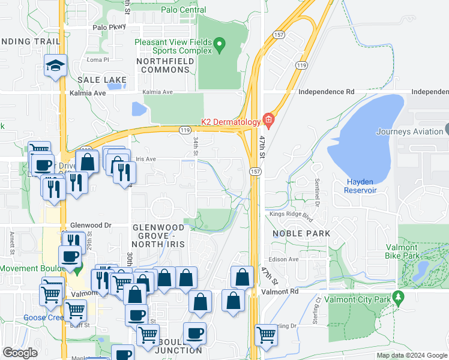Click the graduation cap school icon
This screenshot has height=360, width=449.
pyautogui.click(x=55, y=65)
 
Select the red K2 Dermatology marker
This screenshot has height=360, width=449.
pyautogui.click(x=268, y=121)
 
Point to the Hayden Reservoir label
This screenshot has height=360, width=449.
pyautogui.click(x=360, y=186)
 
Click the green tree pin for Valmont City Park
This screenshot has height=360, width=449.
pyautogui.click(x=397, y=298)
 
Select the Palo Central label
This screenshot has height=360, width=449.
pyautogui.click(x=184, y=10)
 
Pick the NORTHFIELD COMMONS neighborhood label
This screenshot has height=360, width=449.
pyautogui.click(x=163, y=65)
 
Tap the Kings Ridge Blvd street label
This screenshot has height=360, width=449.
pyautogui.click(x=292, y=214)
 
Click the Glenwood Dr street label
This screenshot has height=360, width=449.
pyautogui.click(x=91, y=225)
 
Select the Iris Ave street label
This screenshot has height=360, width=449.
pyautogui.click(x=146, y=159)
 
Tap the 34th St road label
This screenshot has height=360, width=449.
pyautogui.click(x=196, y=146)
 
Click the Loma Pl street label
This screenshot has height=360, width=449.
pyautogui.click(x=97, y=60)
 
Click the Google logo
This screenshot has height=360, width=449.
pyautogui.click(x=20, y=353)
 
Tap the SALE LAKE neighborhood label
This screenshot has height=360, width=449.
pyautogui.click(x=102, y=80)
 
